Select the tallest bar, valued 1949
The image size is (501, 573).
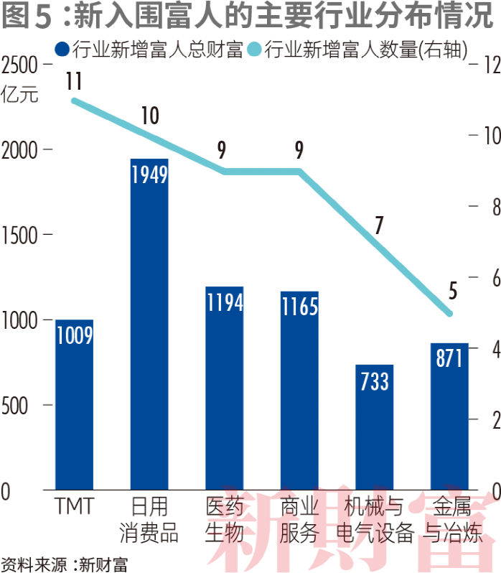coord(149,323)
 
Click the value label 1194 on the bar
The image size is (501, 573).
coord(225,302)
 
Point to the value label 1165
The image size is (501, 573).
coord(299,307)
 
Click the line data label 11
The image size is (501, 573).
coord(73,81)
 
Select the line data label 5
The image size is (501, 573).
coord(452,291)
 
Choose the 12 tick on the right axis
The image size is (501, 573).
coord(487,65)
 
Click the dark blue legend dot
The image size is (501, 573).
coord(62,50)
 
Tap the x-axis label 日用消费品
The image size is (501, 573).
coord(149,520)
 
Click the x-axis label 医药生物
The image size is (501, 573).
coord(225,520)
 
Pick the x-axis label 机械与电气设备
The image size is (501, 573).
coord(375,520)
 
